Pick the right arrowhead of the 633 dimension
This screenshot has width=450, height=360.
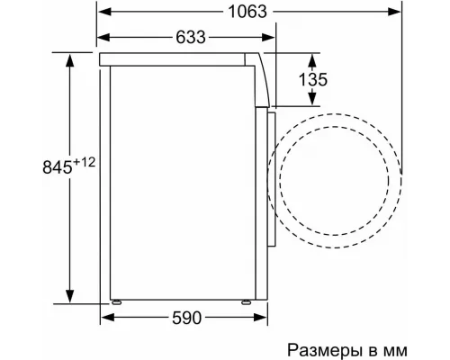(x=271, y=38)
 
